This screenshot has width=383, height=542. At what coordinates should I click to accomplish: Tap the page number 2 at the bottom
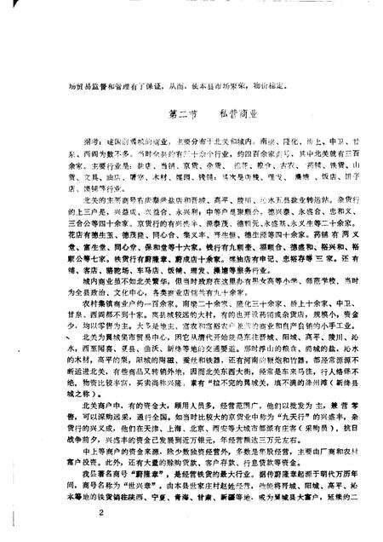tap(100, 513)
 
